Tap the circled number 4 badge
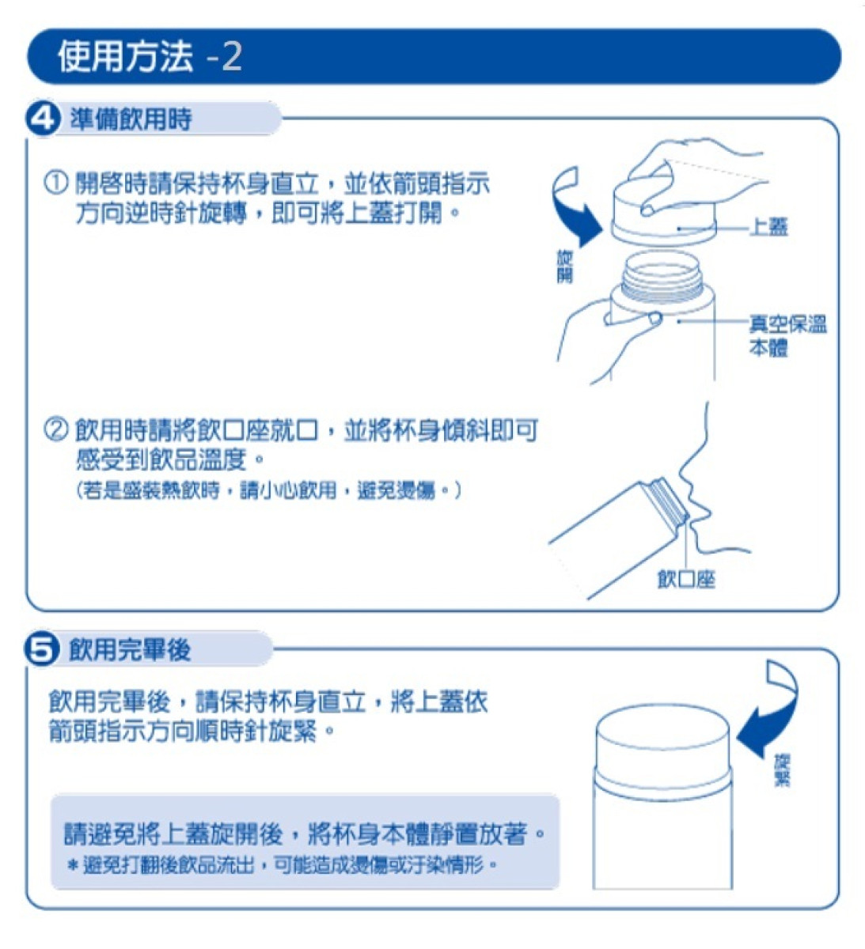(x=44, y=119)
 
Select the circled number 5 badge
(x=43, y=649)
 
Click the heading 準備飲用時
(x=131, y=119)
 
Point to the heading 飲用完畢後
(x=130, y=649)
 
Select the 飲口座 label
(x=685, y=580)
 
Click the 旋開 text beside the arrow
(x=564, y=267)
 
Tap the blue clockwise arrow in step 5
(x=769, y=712)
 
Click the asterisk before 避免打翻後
(x=73, y=865)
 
